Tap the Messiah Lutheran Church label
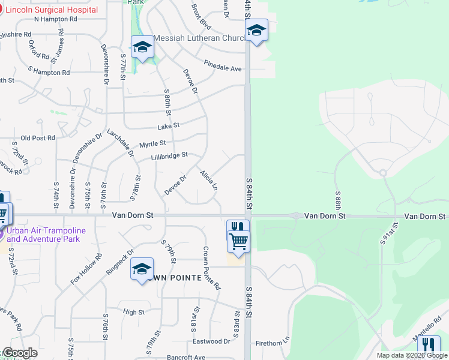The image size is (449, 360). click(199, 38)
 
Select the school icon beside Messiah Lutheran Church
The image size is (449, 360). click(142, 47)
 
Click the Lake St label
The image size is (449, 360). click(168, 126)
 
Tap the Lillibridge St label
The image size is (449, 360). click(169, 155)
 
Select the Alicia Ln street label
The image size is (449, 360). click(208, 179)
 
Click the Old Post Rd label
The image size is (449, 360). click(38, 137)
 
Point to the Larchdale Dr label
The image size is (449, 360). click(120, 142)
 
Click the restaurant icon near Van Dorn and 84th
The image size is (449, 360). click(238, 229)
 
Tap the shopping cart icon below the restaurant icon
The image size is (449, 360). click(238, 241)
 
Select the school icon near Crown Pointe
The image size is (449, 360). click(142, 269)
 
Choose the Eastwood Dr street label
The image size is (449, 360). click(211, 341)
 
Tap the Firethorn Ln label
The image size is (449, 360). click(273, 341)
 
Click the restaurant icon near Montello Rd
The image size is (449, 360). click(429, 345)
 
